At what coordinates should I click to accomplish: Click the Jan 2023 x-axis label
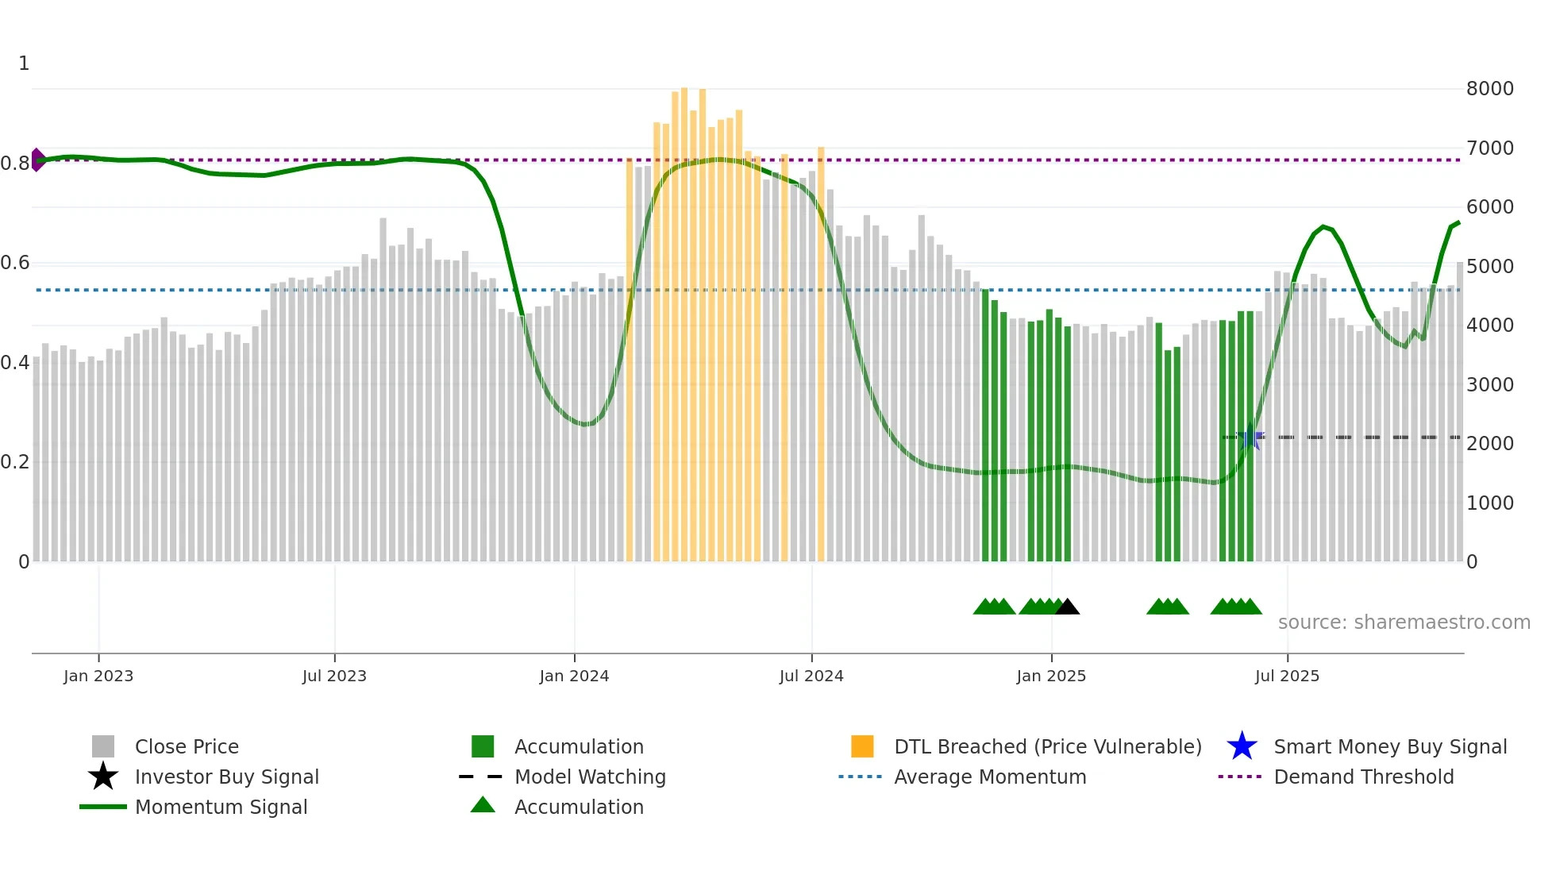coord(98,676)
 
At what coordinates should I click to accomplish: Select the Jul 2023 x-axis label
coord(334,676)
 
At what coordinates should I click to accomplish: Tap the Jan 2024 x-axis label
coord(574,676)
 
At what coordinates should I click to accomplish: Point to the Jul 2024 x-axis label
coord(811,676)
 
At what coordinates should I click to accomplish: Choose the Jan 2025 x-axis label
coord(1051,676)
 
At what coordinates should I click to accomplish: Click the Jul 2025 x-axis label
coord(1287,676)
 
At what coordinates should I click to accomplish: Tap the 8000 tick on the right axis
coord(1489,89)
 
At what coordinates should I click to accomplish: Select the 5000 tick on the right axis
coord(1489,267)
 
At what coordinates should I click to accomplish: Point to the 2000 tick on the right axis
coord(1489,444)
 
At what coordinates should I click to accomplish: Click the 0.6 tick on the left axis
coord(15,263)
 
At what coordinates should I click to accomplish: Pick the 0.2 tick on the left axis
coord(15,462)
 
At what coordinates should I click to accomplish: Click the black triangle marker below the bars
coord(1067,607)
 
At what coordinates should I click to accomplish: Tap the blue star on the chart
coord(1250,437)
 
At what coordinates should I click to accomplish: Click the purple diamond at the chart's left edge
coord(37,160)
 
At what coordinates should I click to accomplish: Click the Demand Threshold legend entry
coord(1363,777)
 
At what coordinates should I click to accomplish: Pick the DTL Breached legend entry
coord(1047,747)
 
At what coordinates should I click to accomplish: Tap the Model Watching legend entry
coord(590,777)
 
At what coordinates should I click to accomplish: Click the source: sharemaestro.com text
coord(1404,623)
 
